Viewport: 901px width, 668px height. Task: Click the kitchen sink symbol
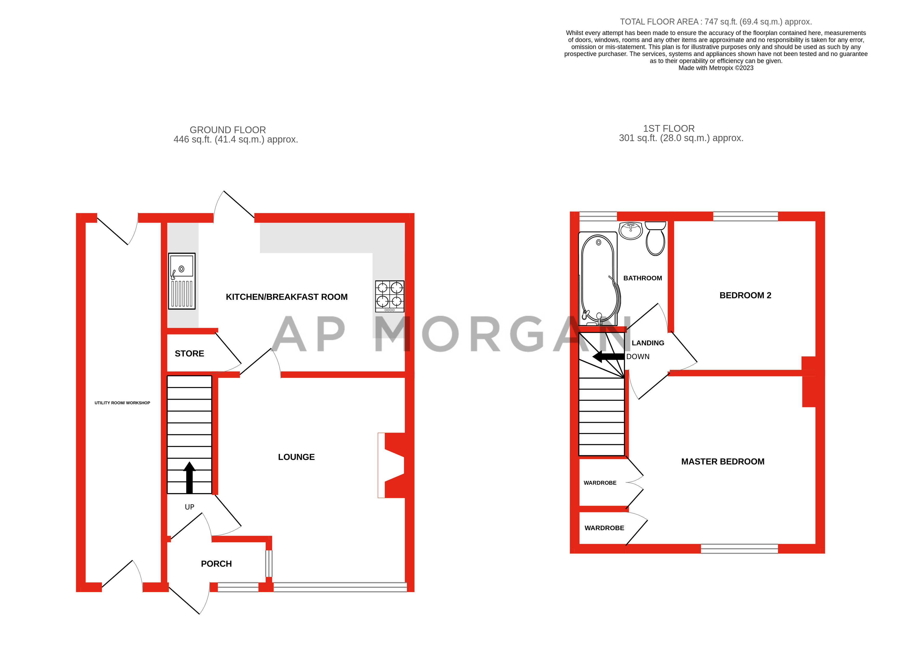pos(181,281)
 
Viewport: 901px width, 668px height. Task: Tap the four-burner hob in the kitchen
pos(389,296)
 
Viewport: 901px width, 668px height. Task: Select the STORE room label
pos(189,353)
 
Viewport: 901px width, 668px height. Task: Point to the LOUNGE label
pos(296,457)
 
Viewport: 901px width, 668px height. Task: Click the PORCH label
pos(216,564)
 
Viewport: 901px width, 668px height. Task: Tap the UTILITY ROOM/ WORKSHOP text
pos(122,403)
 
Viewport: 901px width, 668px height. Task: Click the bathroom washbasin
pos(630,231)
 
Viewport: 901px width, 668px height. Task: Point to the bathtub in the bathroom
pos(598,279)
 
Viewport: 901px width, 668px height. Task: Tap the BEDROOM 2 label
pos(745,295)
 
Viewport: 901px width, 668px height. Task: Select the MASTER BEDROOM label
pos(722,461)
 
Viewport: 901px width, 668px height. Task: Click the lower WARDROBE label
pos(604,528)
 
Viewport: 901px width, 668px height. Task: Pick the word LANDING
pos(648,343)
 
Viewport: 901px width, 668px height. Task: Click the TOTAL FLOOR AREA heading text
pos(715,22)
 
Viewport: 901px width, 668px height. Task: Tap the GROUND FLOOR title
pos(228,130)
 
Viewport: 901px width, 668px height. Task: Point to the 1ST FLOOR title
pos(669,129)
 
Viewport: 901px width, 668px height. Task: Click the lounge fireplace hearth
pos(381,465)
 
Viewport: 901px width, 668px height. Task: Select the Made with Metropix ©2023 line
pos(715,68)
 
